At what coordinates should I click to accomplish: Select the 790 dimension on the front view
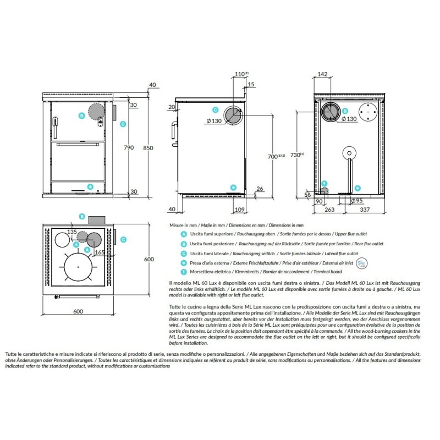[129, 148]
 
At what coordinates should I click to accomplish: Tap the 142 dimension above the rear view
[323, 74]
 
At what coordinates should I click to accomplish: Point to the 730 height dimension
[297, 156]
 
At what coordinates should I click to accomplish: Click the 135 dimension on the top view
[72, 232]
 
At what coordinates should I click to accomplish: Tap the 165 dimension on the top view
[98, 252]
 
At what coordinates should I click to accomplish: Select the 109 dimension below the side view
[239, 210]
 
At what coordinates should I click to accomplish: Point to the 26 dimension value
[260, 189]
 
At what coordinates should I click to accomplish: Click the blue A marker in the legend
[183, 234]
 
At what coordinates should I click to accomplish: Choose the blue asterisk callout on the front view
[90, 186]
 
